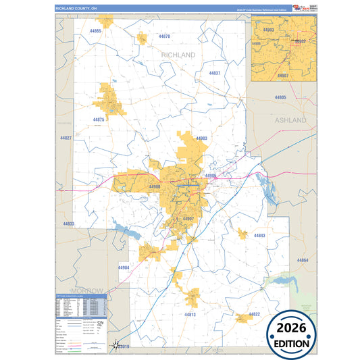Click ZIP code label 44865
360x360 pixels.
95,31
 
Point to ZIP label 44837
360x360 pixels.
215,73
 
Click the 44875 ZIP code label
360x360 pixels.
99,120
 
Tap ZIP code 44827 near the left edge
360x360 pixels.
66,137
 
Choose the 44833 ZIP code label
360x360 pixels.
69,223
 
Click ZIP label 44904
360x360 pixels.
123,267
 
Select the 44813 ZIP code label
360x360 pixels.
190,314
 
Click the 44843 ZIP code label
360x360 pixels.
259,235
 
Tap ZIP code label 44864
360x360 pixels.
302,260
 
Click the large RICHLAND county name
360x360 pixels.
178,54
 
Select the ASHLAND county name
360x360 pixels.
290,120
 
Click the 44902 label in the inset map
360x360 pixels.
300,41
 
